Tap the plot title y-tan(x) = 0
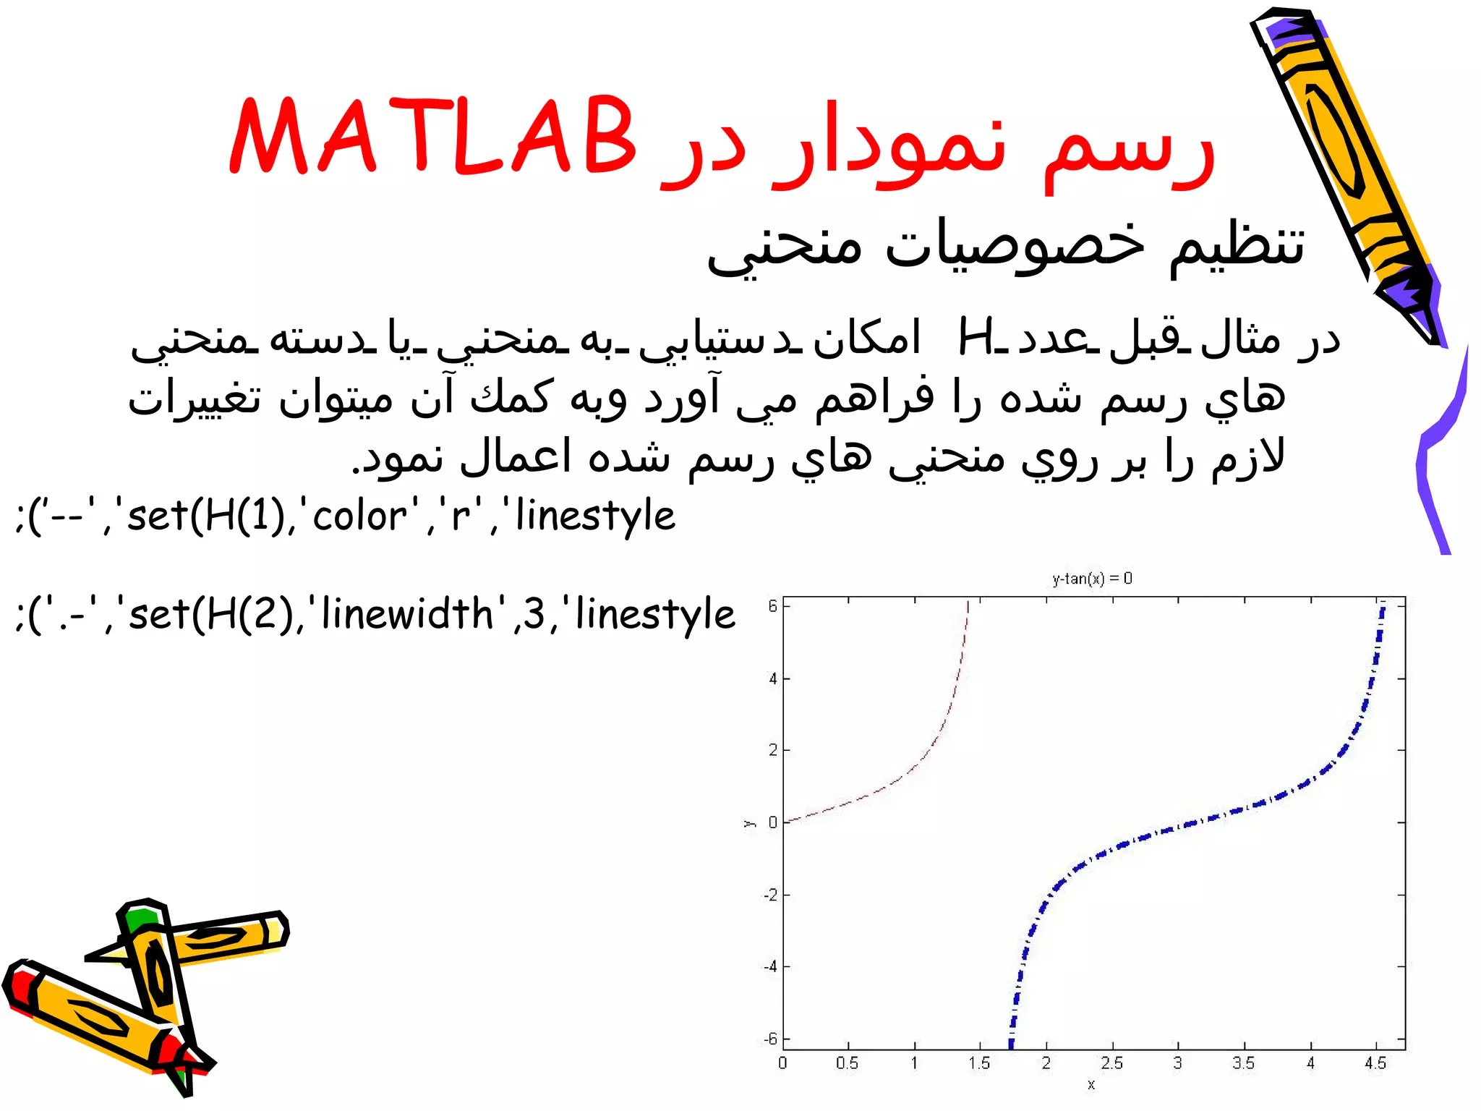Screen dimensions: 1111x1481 tap(1092, 579)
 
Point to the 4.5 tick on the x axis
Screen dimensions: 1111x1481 tap(1375, 1063)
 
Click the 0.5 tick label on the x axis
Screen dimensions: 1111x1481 tap(847, 1063)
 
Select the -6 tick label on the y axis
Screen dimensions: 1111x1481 tap(771, 1039)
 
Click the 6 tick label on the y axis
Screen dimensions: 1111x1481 tap(772, 606)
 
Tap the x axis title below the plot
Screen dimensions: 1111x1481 tap(1091, 1084)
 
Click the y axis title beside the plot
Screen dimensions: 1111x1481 tap(749, 823)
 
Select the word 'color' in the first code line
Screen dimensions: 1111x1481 tap(359, 516)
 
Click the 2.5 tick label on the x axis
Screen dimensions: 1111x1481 tap(1111, 1063)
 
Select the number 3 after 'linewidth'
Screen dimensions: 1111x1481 tap(534, 615)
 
